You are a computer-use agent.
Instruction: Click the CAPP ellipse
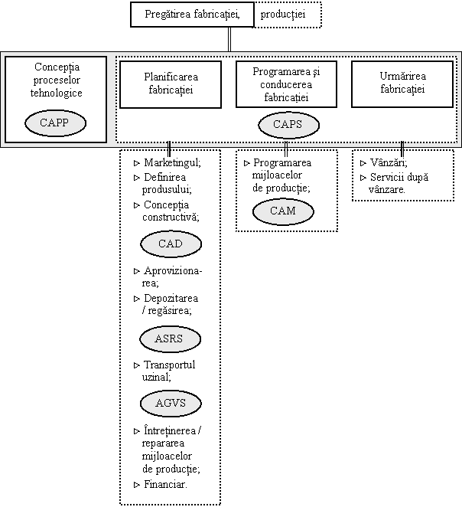(56, 123)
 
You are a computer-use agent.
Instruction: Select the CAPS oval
(288, 125)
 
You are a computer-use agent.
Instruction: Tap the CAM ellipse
(283, 211)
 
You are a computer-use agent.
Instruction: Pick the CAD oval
(171, 244)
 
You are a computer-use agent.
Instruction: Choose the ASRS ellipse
(170, 339)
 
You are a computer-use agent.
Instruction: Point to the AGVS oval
(171, 404)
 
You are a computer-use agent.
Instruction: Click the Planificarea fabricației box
(171, 84)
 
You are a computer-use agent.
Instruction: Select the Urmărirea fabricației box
(402, 84)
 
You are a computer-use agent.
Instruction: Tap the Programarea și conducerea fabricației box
(286, 84)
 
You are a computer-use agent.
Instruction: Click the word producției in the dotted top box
(283, 15)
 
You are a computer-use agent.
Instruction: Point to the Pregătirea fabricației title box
(193, 15)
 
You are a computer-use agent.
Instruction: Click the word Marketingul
(172, 162)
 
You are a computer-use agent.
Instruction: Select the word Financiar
(166, 484)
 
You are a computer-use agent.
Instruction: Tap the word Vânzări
(389, 162)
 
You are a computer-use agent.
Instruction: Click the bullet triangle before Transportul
(137, 366)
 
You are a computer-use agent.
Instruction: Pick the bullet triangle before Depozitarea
(137, 299)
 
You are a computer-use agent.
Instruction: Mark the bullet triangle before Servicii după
(363, 178)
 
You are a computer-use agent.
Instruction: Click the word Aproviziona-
(173, 271)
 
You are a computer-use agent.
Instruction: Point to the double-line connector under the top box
(229, 40)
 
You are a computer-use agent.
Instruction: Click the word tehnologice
(56, 93)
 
